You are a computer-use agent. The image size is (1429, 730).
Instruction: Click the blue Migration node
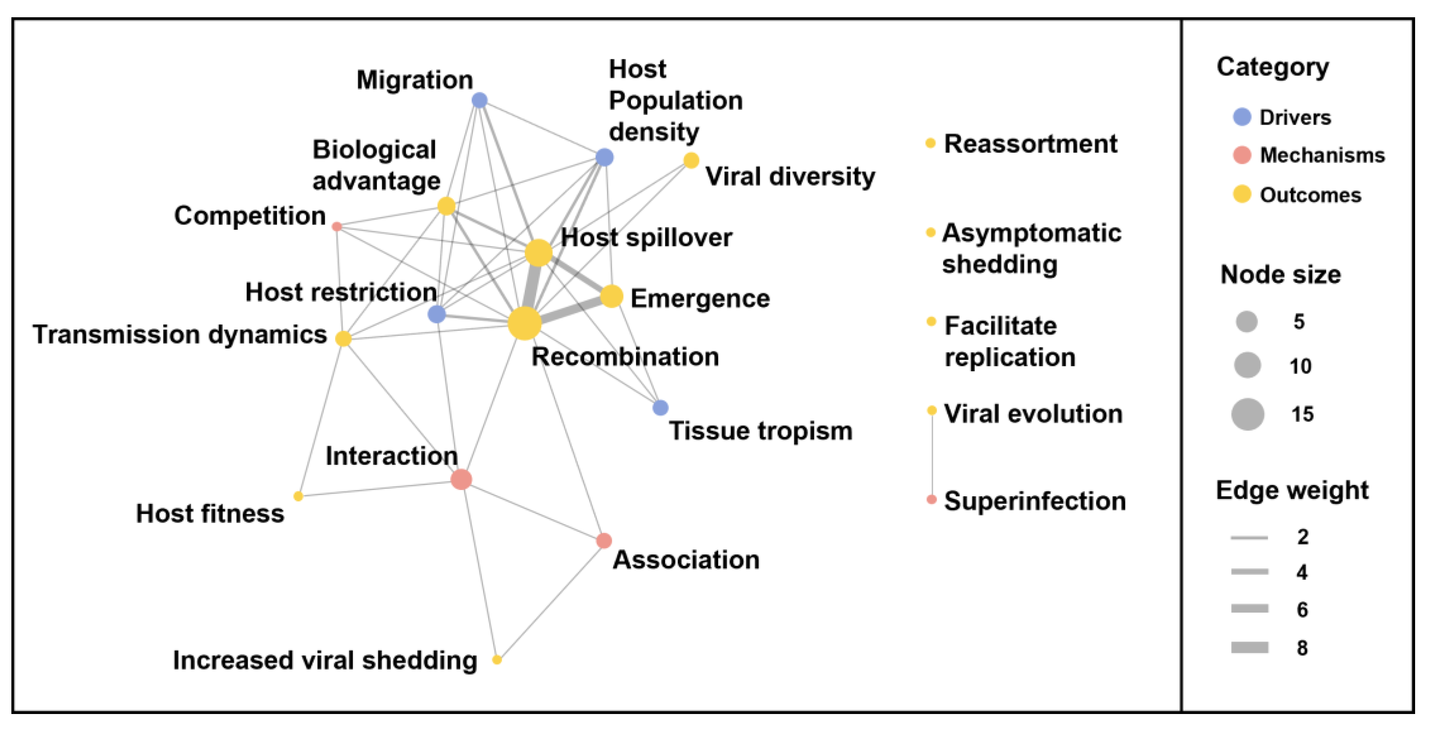pyautogui.click(x=479, y=100)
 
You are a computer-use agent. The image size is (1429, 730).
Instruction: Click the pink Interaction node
pyautogui.click(x=461, y=479)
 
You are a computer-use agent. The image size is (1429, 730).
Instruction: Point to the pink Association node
pyautogui.click(x=604, y=540)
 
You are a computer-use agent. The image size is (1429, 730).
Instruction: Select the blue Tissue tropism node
pyautogui.click(x=660, y=408)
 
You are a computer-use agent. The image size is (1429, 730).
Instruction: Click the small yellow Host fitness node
pyautogui.click(x=298, y=496)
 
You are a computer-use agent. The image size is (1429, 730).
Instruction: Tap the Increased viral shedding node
pyautogui.click(x=497, y=660)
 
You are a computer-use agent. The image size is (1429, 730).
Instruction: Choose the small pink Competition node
pyautogui.click(x=336, y=226)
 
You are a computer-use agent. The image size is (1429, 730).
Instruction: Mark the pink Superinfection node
pyautogui.click(x=932, y=499)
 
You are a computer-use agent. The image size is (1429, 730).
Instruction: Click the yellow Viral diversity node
pyautogui.click(x=691, y=160)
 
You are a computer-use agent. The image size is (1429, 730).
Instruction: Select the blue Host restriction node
pyautogui.click(x=437, y=314)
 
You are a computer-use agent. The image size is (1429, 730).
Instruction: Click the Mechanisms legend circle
pyautogui.click(x=1242, y=155)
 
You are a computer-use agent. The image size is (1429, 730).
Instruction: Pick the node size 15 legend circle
pyautogui.click(x=1247, y=414)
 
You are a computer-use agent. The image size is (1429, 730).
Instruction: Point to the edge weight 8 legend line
pyautogui.click(x=1249, y=647)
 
